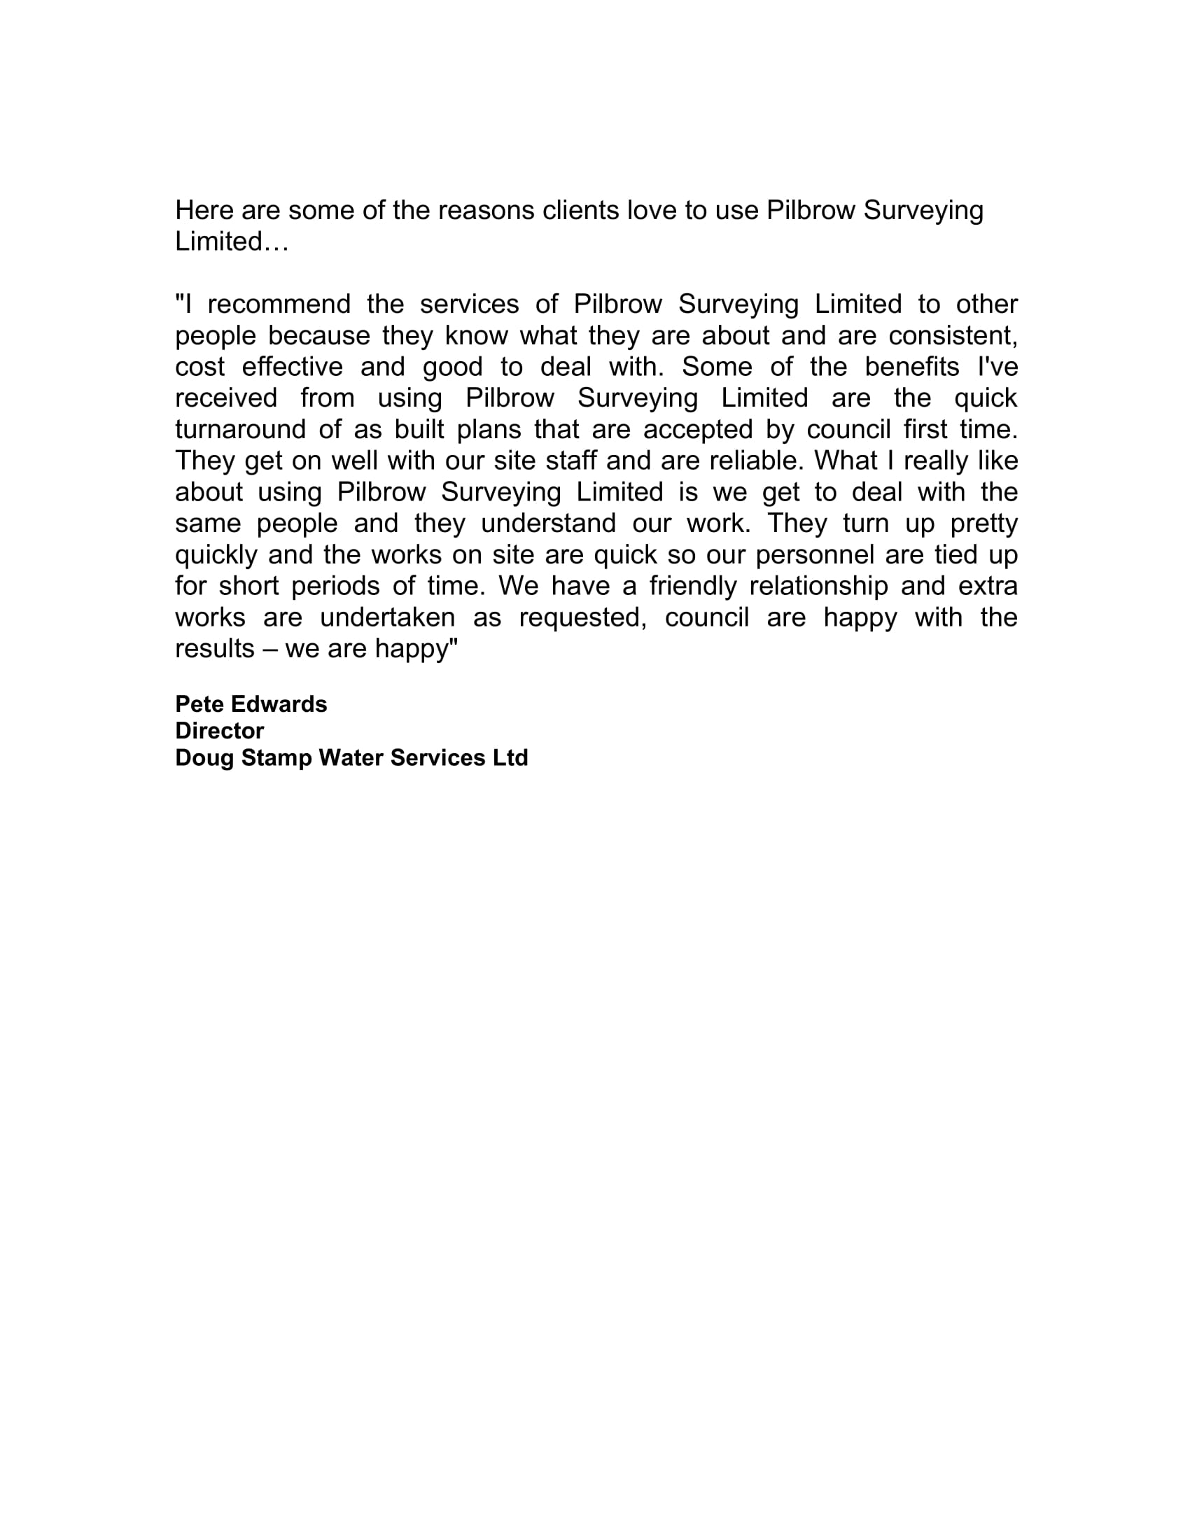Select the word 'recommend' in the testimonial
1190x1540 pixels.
click(x=279, y=304)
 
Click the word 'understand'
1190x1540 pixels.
click(x=548, y=524)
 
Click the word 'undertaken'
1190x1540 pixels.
click(x=387, y=617)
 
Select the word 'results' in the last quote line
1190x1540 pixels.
click(x=214, y=649)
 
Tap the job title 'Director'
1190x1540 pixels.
click(x=219, y=731)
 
